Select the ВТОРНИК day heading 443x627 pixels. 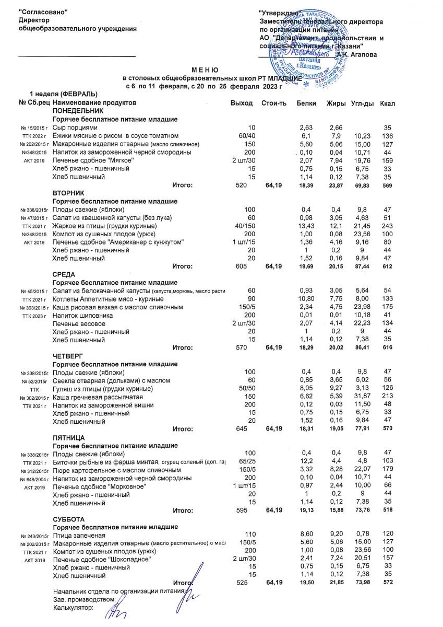click(68, 193)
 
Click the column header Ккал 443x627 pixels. click(388, 103)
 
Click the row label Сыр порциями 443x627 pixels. click(75, 127)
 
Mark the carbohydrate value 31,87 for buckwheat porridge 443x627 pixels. click(359, 397)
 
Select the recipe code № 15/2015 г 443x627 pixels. click(35, 128)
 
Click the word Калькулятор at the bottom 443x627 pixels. click(73, 608)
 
